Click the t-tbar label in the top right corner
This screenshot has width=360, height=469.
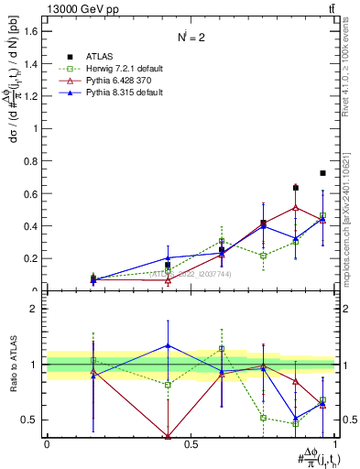click(x=330, y=8)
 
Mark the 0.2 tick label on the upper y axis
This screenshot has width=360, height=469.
click(x=30, y=258)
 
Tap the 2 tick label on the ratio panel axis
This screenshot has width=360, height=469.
click(x=34, y=309)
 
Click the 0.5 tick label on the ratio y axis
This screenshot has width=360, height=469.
click(x=30, y=420)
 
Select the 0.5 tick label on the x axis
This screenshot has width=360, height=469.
click(x=191, y=444)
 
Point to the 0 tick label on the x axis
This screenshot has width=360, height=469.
click(x=47, y=444)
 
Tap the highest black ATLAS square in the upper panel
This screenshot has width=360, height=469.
click(x=322, y=173)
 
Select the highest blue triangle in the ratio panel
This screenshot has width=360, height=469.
click(x=168, y=345)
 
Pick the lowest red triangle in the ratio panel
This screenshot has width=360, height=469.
click(x=168, y=436)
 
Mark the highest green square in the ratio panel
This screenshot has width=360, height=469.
click(x=222, y=349)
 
